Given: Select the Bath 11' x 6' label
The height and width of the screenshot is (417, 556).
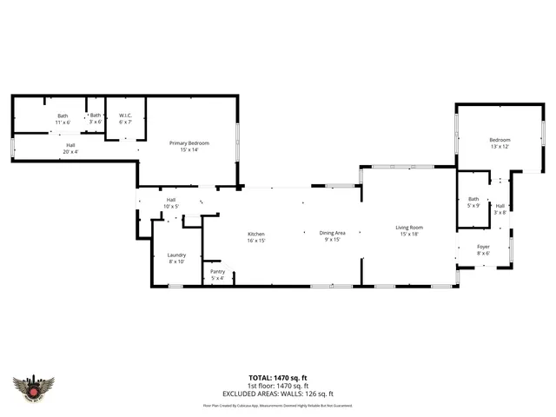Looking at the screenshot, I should click(63, 119).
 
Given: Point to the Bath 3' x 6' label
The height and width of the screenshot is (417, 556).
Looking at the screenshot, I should click(95, 119).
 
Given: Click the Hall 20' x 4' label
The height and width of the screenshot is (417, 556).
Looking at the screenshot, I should click(70, 149).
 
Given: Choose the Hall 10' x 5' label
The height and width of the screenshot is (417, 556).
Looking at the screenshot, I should click(171, 203).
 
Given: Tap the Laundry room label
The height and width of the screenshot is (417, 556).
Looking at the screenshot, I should click(176, 258).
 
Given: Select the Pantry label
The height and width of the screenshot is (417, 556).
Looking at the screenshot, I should click(217, 275).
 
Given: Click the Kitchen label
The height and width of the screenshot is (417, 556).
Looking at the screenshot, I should click(255, 237).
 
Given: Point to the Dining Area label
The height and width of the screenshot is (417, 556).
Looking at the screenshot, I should click(333, 235).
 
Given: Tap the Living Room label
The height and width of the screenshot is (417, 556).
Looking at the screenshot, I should click(408, 230).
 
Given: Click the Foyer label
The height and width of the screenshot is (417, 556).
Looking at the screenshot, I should click(483, 250).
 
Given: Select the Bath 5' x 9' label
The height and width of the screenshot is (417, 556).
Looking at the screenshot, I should click(473, 202).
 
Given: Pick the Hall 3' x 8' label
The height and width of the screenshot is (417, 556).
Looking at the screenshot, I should click(500, 208).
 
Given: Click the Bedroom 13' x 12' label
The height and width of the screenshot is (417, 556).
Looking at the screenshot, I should click(500, 143).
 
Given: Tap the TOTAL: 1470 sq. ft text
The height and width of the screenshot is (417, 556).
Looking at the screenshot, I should click(277, 377).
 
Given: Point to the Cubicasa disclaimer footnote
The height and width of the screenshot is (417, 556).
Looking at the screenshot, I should click(277, 405).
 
